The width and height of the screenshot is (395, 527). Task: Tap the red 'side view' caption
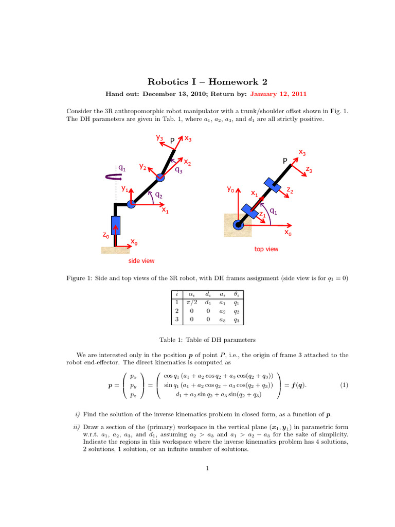[x=141, y=261]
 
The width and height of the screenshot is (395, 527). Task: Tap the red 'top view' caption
[x=266, y=249]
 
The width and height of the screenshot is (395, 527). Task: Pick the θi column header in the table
[x=236, y=295]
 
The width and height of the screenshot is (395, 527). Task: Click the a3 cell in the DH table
[x=223, y=320]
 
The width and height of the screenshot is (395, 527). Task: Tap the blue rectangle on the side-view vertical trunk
[x=116, y=225]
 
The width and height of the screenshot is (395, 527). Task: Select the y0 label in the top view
[x=231, y=189]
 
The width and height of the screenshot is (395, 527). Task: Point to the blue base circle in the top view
[x=238, y=224]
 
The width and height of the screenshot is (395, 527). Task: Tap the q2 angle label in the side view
[x=159, y=195]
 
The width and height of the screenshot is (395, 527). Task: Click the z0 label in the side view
[x=105, y=235]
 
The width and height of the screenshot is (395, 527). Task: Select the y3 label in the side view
[x=160, y=137]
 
